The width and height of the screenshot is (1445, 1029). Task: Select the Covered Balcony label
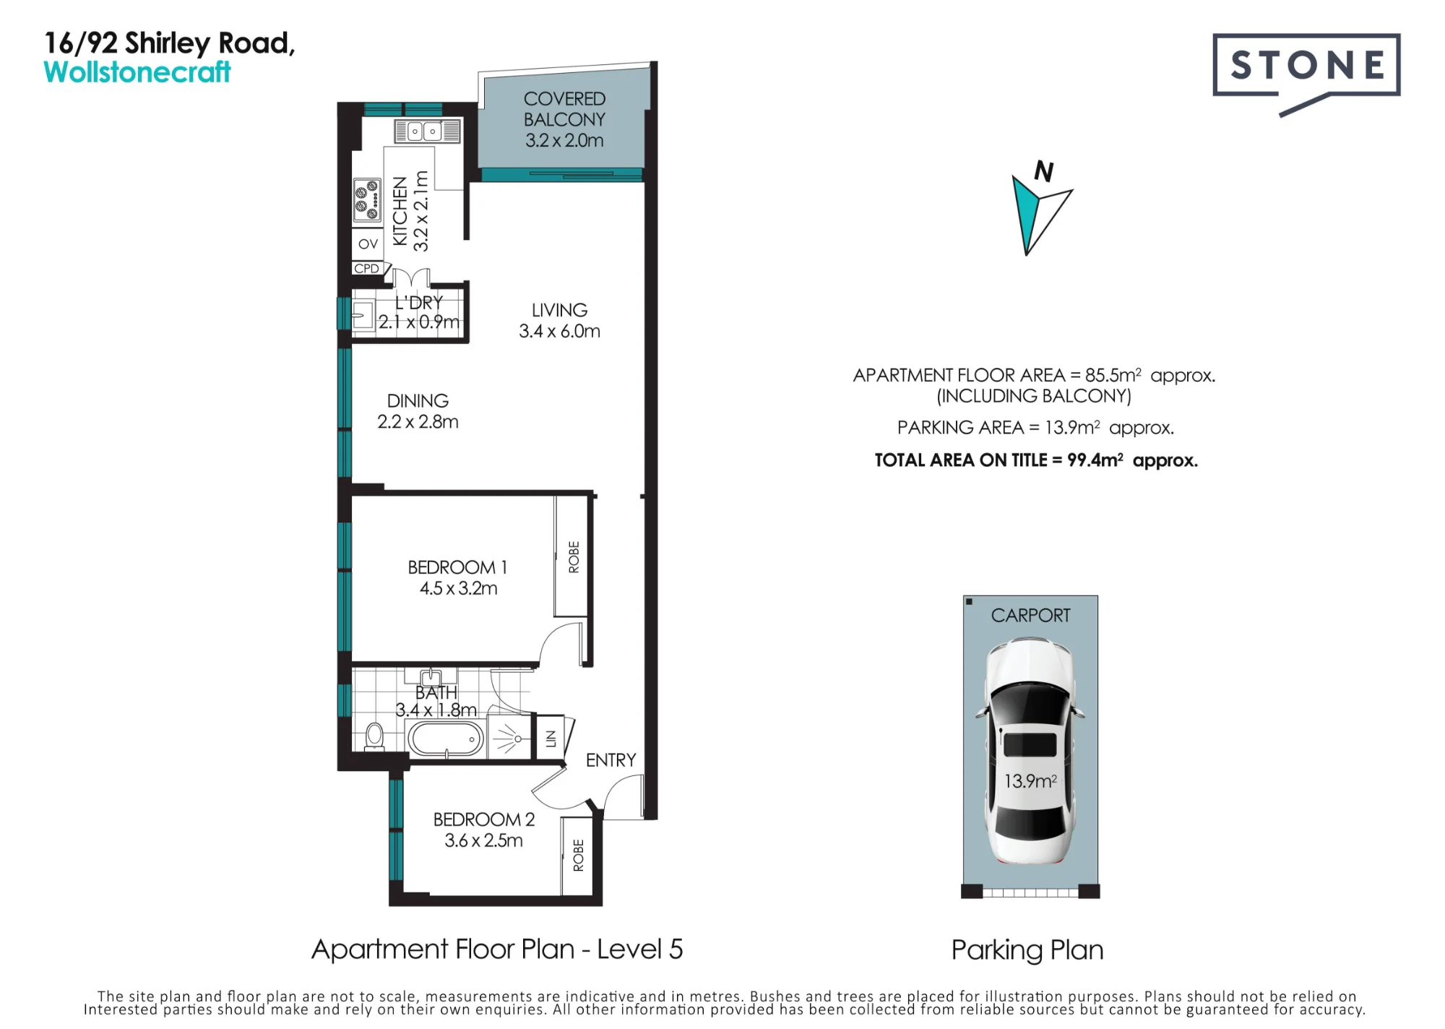coord(564,119)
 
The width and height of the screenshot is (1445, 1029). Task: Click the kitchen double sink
coord(427,132)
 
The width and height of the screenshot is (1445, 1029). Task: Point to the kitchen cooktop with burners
coord(367,200)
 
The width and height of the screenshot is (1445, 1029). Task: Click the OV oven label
coord(368,244)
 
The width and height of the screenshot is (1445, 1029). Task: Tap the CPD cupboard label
coord(366,268)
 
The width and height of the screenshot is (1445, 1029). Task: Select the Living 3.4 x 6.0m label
coord(559,320)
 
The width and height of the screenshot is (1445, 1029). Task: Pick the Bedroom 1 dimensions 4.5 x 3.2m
coord(459,588)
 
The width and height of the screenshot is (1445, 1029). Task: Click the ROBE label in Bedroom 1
coord(574,557)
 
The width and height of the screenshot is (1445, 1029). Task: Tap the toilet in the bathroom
coord(374,736)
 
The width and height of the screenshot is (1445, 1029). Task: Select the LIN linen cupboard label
coord(551,739)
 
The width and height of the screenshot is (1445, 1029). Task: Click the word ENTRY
coord(611,760)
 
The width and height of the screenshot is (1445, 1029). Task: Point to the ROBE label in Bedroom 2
coord(578,856)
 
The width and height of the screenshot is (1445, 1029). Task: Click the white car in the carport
coord(1030,751)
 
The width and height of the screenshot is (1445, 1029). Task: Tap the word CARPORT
coord(1030,616)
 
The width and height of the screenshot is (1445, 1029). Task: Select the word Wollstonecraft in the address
coord(137,72)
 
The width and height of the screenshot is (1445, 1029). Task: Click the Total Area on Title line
coord(1036,460)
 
